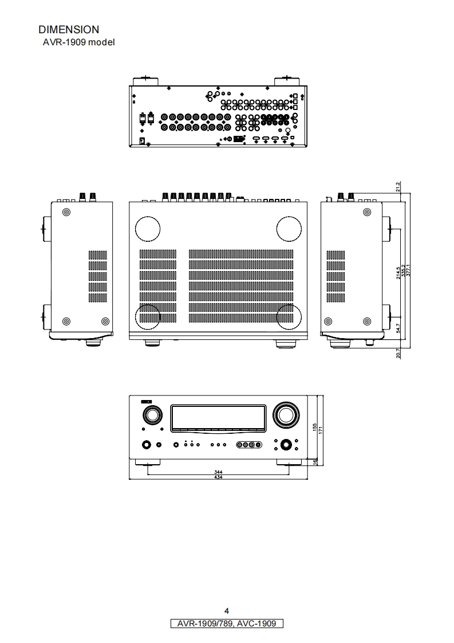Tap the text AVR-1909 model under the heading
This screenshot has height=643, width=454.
tap(78, 42)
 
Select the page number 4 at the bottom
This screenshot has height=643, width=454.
tap(227, 611)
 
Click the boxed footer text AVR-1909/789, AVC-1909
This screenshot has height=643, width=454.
tap(227, 624)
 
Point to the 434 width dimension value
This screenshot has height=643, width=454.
tap(218, 477)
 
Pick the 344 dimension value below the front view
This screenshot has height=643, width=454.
tap(218, 472)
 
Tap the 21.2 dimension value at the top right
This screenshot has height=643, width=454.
tap(398, 186)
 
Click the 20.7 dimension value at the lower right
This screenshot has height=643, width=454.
tap(398, 354)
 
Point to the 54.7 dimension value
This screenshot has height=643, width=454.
tap(398, 328)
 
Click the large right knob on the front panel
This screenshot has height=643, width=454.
tap(285, 414)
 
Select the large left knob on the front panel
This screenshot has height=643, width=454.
tap(152, 415)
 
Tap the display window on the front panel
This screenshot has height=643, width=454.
tap(218, 417)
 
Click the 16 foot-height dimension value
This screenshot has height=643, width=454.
tap(315, 461)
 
